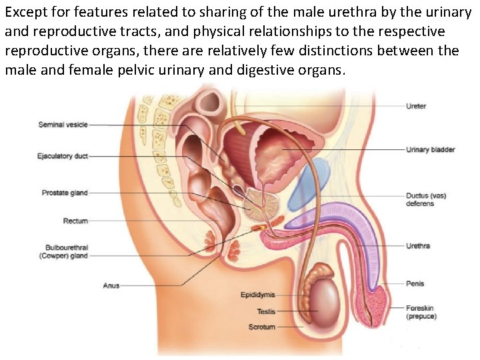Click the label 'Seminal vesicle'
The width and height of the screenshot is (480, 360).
[x=63, y=125]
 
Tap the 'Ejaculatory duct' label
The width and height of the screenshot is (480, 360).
[x=63, y=157]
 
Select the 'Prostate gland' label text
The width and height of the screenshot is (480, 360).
[x=65, y=193]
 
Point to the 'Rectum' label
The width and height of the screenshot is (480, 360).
[x=75, y=221]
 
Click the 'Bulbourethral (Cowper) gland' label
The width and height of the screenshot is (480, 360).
[x=66, y=251]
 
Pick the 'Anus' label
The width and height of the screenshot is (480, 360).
[x=111, y=285]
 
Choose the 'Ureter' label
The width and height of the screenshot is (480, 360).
[x=416, y=106]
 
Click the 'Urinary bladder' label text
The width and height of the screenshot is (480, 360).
[x=431, y=149]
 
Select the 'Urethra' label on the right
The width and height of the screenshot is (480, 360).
[x=418, y=246]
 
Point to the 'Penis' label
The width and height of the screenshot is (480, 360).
[x=415, y=283]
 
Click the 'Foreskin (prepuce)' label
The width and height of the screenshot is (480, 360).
[x=422, y=312]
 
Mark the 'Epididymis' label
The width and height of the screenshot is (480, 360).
[x=257, y=295]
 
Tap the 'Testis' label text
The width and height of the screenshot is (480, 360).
[x=266, y=311]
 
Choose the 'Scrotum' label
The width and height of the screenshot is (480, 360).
[x=261, y=327]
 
